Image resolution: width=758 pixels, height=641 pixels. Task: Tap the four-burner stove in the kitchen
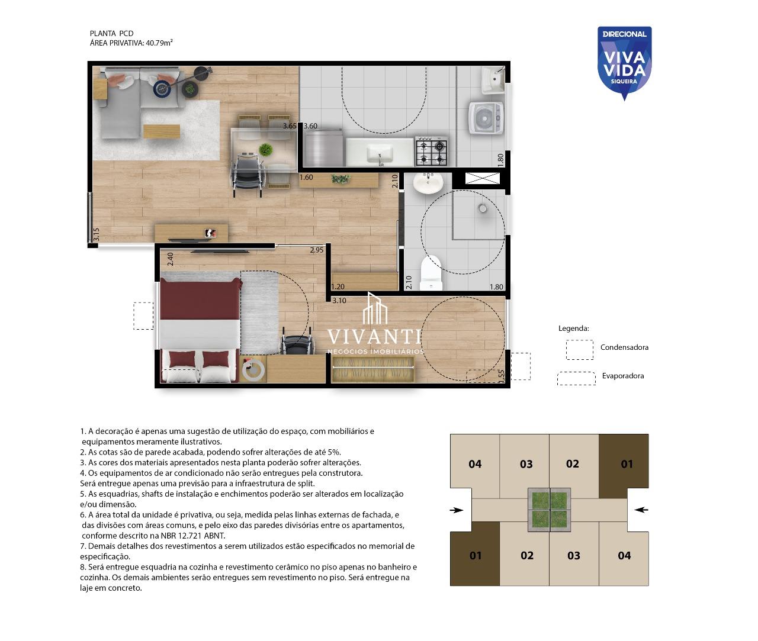click(x=431, y=150)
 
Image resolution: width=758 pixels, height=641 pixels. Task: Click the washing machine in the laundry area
click(x=486, y=118)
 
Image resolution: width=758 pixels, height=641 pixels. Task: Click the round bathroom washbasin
click(x=428, y=182)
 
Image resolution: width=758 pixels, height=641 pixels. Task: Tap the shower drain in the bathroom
click(x=483, y=208)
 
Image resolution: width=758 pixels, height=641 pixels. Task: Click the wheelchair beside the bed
click(x=296, y=342)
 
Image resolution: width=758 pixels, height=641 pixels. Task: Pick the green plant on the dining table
click(x=265, y=150)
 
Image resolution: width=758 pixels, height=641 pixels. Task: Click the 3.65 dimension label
click(x=290, y=126)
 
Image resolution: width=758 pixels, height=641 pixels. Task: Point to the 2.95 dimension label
click(x=316, y=250)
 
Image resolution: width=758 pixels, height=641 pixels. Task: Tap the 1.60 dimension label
click(x=306, y=178)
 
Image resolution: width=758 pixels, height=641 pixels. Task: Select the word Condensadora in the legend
click(x=624, y=347)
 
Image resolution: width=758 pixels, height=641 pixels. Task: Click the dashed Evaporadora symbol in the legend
click(x=576, y=379)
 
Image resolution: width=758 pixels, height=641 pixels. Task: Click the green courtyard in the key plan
click(x=550, y=510)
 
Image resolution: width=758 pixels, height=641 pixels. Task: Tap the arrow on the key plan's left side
click(x=457, y=510)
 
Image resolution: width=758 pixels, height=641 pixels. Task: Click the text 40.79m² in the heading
click(x=159, y=43)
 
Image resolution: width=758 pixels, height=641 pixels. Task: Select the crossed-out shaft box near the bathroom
click(x=482, y=179)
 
